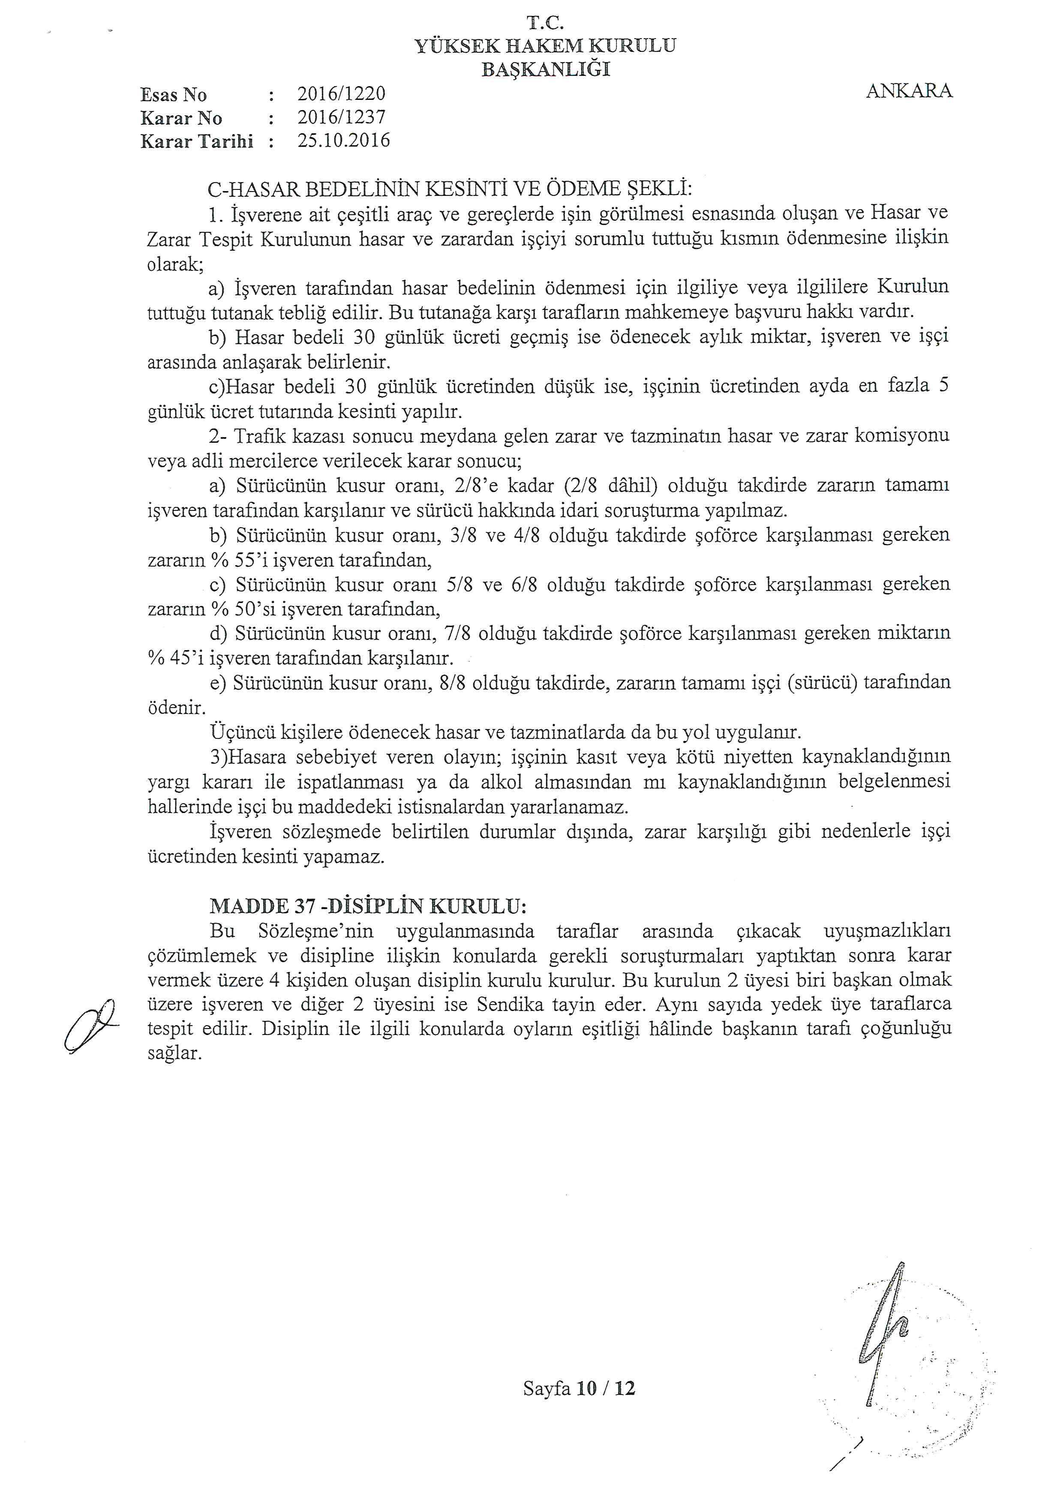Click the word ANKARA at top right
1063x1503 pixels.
point(909,91)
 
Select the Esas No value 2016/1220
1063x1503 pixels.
point(341,94)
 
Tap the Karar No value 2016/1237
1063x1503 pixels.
point(341,118)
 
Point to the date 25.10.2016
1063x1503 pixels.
point(343,141)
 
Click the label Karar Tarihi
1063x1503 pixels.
point(196,141)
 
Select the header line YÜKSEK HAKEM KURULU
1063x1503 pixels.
point(545,46)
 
